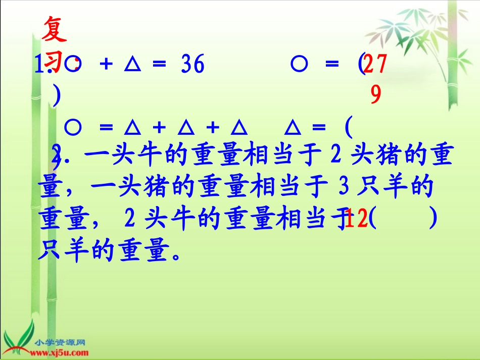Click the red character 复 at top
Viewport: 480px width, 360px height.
click(55, 31)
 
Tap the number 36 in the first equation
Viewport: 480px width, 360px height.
click(192, 65)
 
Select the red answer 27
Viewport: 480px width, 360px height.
click(376, 65)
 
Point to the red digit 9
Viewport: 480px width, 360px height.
click(375, 94)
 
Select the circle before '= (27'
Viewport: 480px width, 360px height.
click(299, 65)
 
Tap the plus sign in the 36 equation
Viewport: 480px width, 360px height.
click(106, 66)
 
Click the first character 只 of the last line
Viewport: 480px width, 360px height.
click(49, 250)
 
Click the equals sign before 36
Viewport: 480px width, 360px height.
click(159, 66)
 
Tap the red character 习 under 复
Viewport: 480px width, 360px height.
click(55, 63)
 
